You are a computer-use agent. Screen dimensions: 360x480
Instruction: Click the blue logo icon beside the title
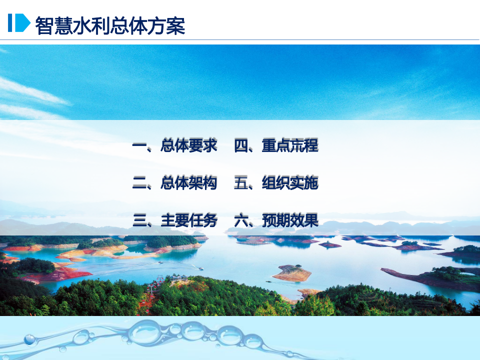pos(19,23)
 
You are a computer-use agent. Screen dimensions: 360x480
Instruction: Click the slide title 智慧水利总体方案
pos(110,25)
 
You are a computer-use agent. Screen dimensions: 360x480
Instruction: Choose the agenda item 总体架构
pos(189,183)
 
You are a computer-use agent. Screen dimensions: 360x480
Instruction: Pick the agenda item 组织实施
pos(290,183)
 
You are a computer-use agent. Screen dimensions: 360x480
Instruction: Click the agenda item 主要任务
pos(189,220)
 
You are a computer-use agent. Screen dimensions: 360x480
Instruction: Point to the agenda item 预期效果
pos(290,220)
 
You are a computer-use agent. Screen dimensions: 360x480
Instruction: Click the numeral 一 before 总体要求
pos(139,146)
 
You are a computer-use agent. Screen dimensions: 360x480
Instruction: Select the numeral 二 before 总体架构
pos(139,183)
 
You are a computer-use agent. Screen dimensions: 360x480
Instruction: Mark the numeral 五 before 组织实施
pos(241,183)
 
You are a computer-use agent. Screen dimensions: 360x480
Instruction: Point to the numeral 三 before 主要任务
pos(139,220)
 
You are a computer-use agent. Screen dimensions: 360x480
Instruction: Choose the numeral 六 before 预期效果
pos(241,220)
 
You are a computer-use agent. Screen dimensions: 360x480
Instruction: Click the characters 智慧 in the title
pos(53,25)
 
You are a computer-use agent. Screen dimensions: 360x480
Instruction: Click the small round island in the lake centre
pos(292,273)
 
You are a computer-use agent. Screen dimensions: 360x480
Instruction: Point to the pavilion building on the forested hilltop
pos(175,278)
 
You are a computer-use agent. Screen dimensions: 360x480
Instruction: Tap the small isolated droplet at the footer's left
pos(30,340)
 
